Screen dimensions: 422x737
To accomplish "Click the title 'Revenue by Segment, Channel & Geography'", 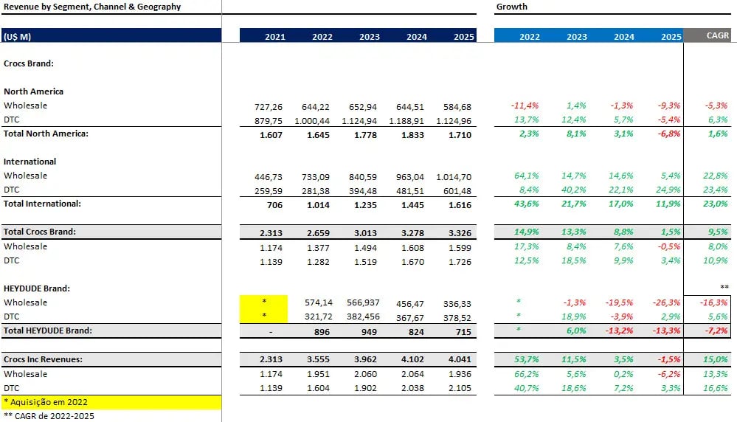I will pos(92,7).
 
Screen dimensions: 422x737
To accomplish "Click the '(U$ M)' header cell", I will pos(17,36).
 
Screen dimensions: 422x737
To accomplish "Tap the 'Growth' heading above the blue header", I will pos(511,7).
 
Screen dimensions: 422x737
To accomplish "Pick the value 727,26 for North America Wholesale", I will pos(269,106).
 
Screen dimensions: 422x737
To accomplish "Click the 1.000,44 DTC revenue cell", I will pos(314,120).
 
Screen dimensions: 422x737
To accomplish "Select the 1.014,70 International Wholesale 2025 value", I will pos(454,176).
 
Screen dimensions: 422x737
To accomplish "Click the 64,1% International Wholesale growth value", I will pos(526,176).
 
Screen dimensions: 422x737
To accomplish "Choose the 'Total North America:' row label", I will pos(46,134).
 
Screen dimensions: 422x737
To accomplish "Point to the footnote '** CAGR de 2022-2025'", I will pos(49,416).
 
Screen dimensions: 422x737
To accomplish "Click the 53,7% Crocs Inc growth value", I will pos(526,360).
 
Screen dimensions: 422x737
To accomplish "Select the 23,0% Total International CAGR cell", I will pos(716,204).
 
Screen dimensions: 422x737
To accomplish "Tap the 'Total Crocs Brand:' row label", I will pos(40,232).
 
